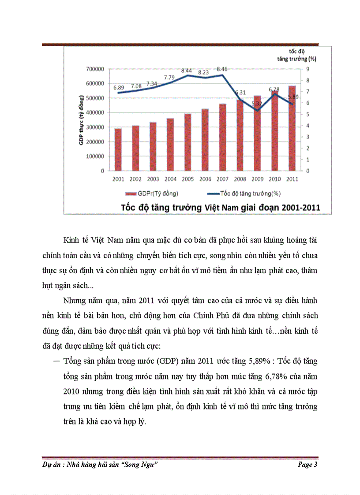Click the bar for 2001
(118, 149)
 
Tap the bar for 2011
(292, 128)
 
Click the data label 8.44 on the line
(187, 70)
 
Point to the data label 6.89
(118, 88)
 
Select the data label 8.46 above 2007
(222, 69)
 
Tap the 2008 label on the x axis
(240, 179)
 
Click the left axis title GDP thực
(82, 120)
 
